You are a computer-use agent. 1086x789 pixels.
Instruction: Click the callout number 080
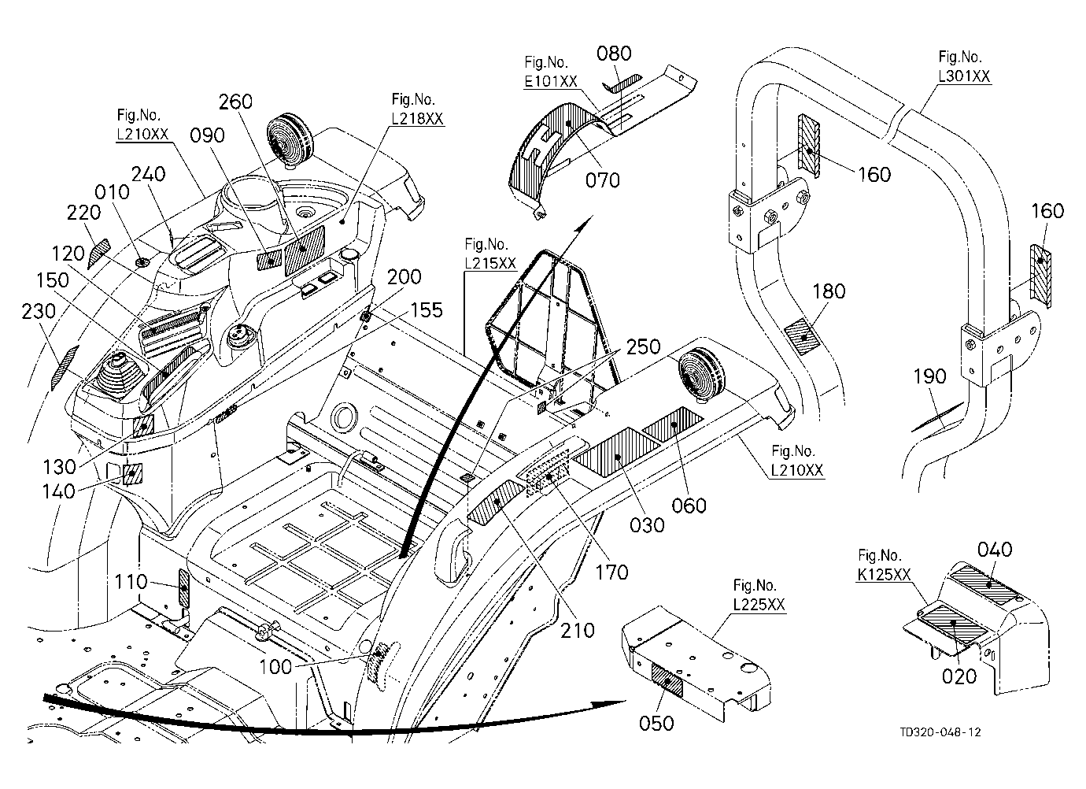click(614, 54)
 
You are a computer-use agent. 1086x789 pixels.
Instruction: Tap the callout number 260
click(235, 102)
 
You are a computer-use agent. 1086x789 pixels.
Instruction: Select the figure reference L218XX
click(417, 119)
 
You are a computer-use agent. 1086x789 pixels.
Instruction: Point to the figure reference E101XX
click(551, 81)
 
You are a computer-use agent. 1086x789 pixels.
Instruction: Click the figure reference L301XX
click(964, 76)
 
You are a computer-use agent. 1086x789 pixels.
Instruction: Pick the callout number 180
click(829, 291)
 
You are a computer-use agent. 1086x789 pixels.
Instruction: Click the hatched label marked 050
click(667, 681)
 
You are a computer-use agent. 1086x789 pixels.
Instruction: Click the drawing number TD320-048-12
click(940, 732)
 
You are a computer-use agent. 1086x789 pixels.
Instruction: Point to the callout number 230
click(39, 312)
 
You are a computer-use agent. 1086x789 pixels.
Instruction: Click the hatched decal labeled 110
click(184, 588)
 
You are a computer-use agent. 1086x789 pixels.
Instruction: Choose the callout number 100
click(276, 667)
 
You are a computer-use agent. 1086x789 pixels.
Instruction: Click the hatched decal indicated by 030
click(616, 453)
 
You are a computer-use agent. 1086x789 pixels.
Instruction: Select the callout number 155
click(427, 310)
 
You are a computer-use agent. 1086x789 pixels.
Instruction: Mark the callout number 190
click(929, 376)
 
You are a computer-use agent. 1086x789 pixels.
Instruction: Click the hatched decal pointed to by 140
click(132, 475)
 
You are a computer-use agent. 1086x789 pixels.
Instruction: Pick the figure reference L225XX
click(759, 605)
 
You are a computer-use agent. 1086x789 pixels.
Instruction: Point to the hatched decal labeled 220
click(98, 252)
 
